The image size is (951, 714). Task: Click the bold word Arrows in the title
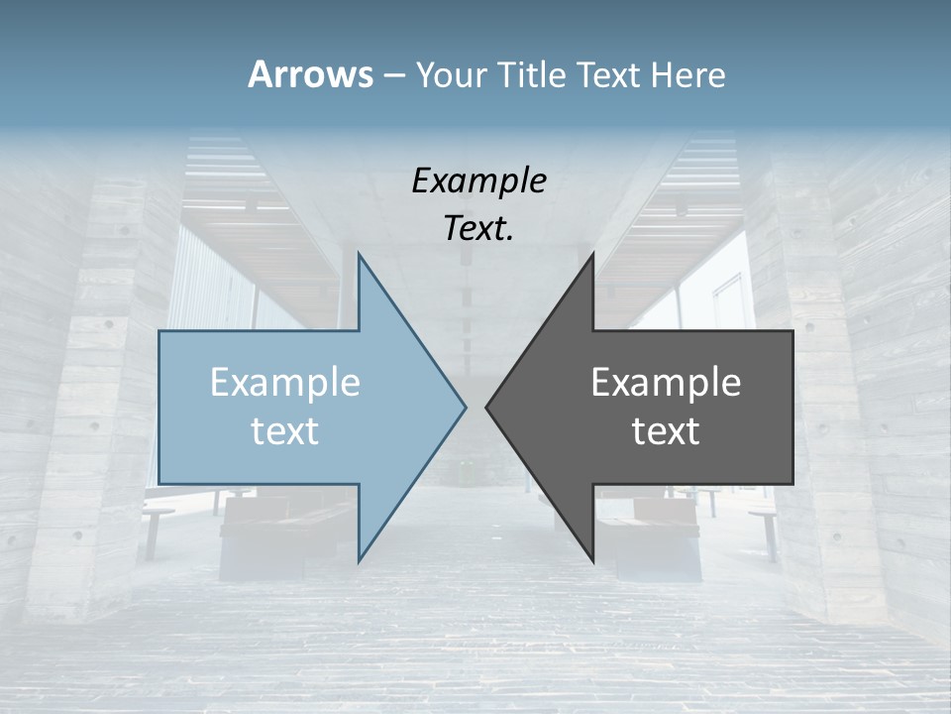click(x=310, y=74)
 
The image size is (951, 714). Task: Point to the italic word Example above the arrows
click(x=478, y=180)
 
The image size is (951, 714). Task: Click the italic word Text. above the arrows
click(x=478, y=228)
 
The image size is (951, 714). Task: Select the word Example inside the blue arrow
click(x=285, y=382)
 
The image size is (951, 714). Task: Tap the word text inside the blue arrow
click(x=285, y=430)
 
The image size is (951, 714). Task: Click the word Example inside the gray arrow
click(x=666, y=382)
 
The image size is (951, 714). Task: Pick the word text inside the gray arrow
click(x=666, y=430)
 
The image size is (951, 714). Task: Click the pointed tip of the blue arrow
click(x=466, y=407)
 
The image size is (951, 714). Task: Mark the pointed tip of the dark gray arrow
click(x=485, y=407)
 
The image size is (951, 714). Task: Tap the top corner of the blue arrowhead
click(x=359, y=253)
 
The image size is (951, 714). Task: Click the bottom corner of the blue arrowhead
click(x=359, y=561)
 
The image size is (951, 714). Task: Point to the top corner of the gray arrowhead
click(x=592, y=253)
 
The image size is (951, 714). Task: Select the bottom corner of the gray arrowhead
click(x=592, y=561)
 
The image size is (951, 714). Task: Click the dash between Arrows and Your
click(x=393, y=76)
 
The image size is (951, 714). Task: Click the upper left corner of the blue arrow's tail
click(x=159, y=331)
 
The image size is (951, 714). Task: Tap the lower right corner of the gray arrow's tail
click(x=792, y=483)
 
